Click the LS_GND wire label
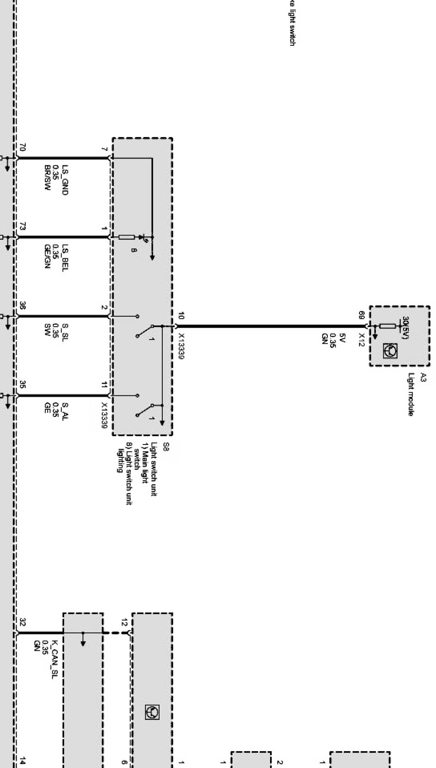tap(65, 180)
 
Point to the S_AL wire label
tap(65, 411)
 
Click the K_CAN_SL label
tap(54, 659)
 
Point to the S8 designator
tap(166, 446)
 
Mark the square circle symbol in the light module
tap(393, 351)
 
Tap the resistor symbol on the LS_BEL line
tap(127, 237)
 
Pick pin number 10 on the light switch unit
tap(181, 316)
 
